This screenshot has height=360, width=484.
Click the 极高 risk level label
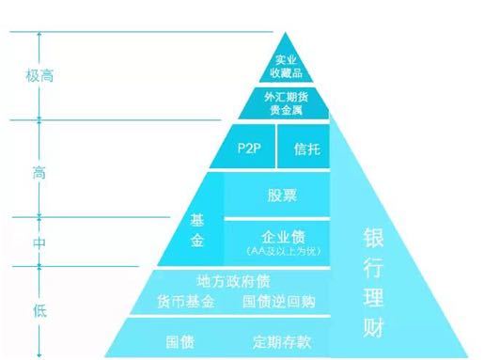(x=39, y=76)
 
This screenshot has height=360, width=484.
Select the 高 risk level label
(x=39, y=173)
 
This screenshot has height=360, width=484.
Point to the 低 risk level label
(x=39, y=309)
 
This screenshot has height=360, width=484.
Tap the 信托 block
(x=306, y=149)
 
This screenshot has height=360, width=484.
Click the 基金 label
(x=197, y=230)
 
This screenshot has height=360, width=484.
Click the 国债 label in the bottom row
(x=180, y=339)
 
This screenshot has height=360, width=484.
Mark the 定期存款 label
(x=282, y=339)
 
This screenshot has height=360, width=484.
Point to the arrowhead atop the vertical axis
(x=40, y=34)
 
